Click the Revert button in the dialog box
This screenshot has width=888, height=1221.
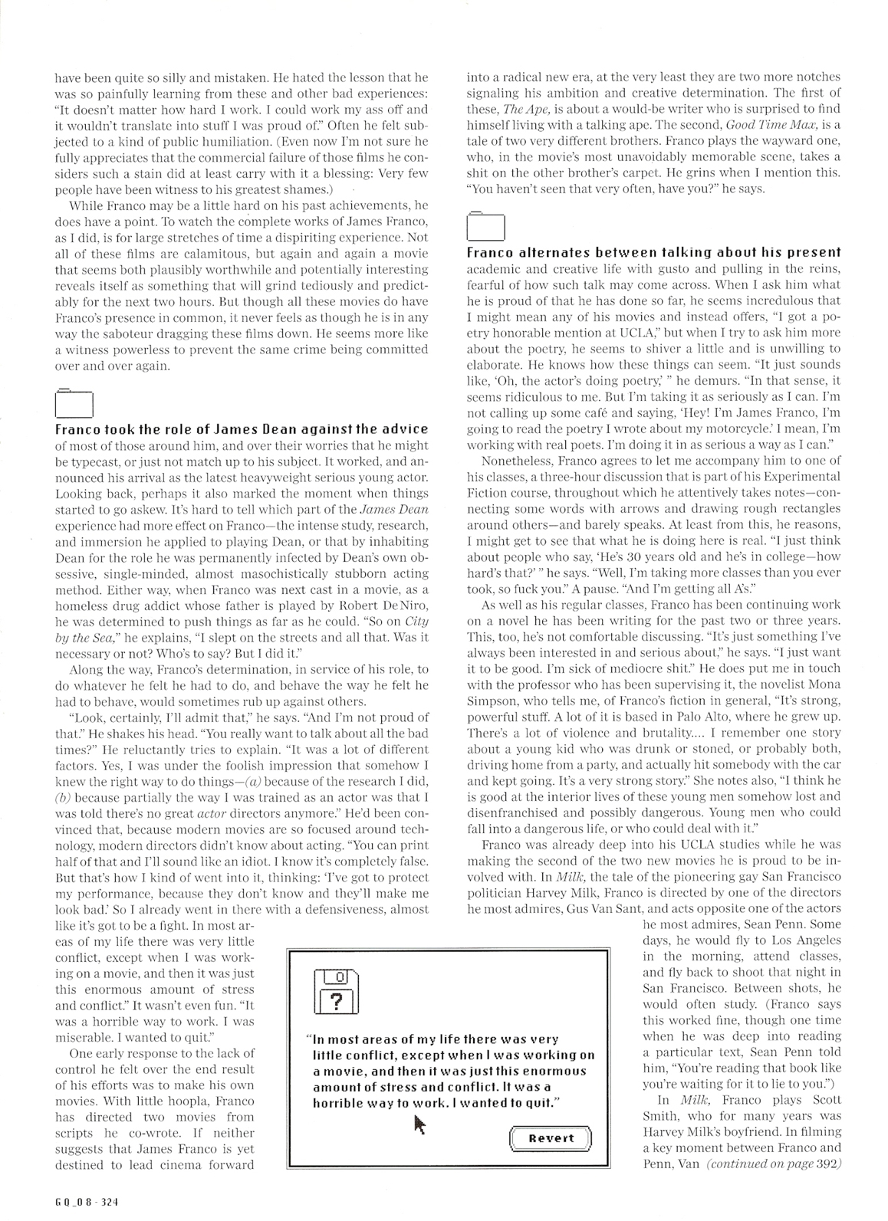[551, 1137]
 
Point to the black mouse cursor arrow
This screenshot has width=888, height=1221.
[419, 1124]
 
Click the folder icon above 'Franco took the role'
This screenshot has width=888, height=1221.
[74, 402]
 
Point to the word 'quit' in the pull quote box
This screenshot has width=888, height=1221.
[536, 1102]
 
